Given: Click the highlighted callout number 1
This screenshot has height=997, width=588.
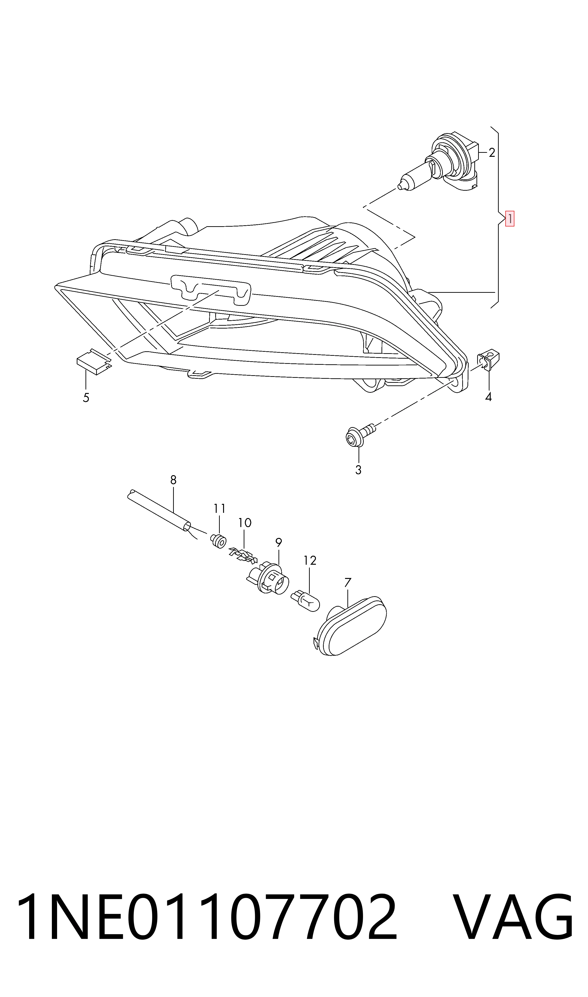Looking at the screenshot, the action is click(x=510, y=218).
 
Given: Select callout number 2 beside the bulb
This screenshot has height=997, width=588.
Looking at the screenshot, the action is click(x=492, y=153).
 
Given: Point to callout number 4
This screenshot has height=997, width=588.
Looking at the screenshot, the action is click(x=489, y=397).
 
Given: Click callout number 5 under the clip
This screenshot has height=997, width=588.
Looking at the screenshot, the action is click(x=86, y=398).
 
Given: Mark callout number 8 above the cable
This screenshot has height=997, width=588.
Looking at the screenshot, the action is click(x=173, y=480).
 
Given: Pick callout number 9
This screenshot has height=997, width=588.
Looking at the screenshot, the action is click(x=278, y=542).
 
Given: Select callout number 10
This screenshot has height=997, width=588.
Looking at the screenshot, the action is click(x=245, y=523).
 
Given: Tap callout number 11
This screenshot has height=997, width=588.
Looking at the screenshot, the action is click(x=220, y=508).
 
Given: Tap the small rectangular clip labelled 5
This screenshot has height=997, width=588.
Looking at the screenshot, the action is click(x=94, y=361).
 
